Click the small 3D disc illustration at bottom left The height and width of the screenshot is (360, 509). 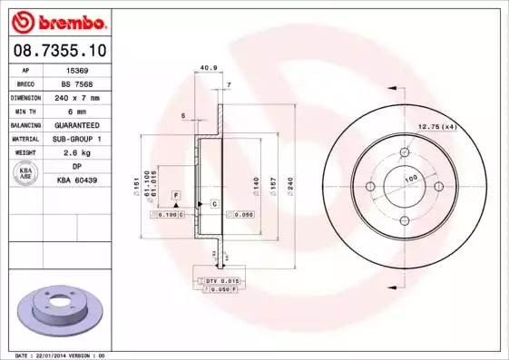click(x=63, y=308)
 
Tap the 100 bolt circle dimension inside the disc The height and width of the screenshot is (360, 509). click(x=410, y=180)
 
